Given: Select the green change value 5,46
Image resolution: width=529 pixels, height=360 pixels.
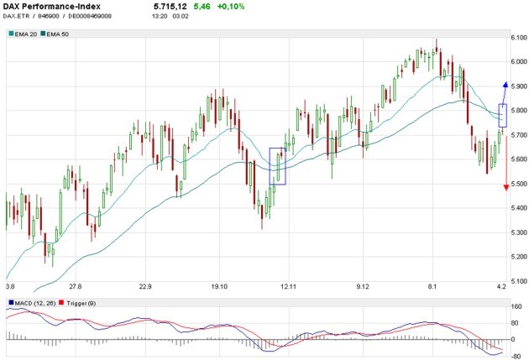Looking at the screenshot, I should click(203, 7).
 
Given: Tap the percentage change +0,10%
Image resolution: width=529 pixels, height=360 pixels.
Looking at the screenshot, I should click(231, 7).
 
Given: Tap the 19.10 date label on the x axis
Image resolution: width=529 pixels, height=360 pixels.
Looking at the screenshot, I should click(220, 287).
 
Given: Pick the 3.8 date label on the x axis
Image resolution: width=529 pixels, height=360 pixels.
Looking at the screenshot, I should click(10, 287).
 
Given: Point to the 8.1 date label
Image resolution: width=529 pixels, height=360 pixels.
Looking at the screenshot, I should click(432, 287).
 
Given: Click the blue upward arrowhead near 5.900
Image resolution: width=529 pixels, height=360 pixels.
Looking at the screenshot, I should click(505, 85).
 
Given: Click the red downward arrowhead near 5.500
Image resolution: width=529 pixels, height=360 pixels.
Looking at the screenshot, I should click(505, 187).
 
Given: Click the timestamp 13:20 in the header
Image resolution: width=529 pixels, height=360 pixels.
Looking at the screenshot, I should click(161, 16).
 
